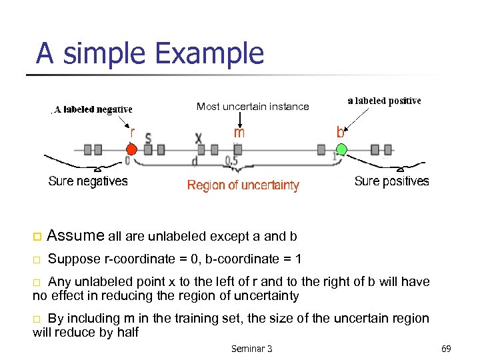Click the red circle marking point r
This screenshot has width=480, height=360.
click(x=131, y=149)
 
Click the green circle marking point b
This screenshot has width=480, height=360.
click(x=341, y=149)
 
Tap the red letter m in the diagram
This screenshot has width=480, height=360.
click(x=239, y=133)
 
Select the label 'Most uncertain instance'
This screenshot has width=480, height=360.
click(x=253, y=107)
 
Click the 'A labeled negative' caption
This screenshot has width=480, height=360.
click(x=93, y=109)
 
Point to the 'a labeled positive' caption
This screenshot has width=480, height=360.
click(x=384, y=101)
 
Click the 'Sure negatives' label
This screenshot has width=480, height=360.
click(x=88, y=181)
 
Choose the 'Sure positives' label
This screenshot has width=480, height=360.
click(x=391, y=181)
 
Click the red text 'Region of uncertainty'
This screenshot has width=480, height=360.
click(x=243, y=185)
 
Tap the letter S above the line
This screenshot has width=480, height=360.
click(x=148, y=139)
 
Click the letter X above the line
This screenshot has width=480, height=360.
click(x=199, y=139)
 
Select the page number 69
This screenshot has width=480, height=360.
click(x=446, y=348)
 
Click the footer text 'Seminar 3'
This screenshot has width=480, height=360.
click(x=251, y=348)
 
